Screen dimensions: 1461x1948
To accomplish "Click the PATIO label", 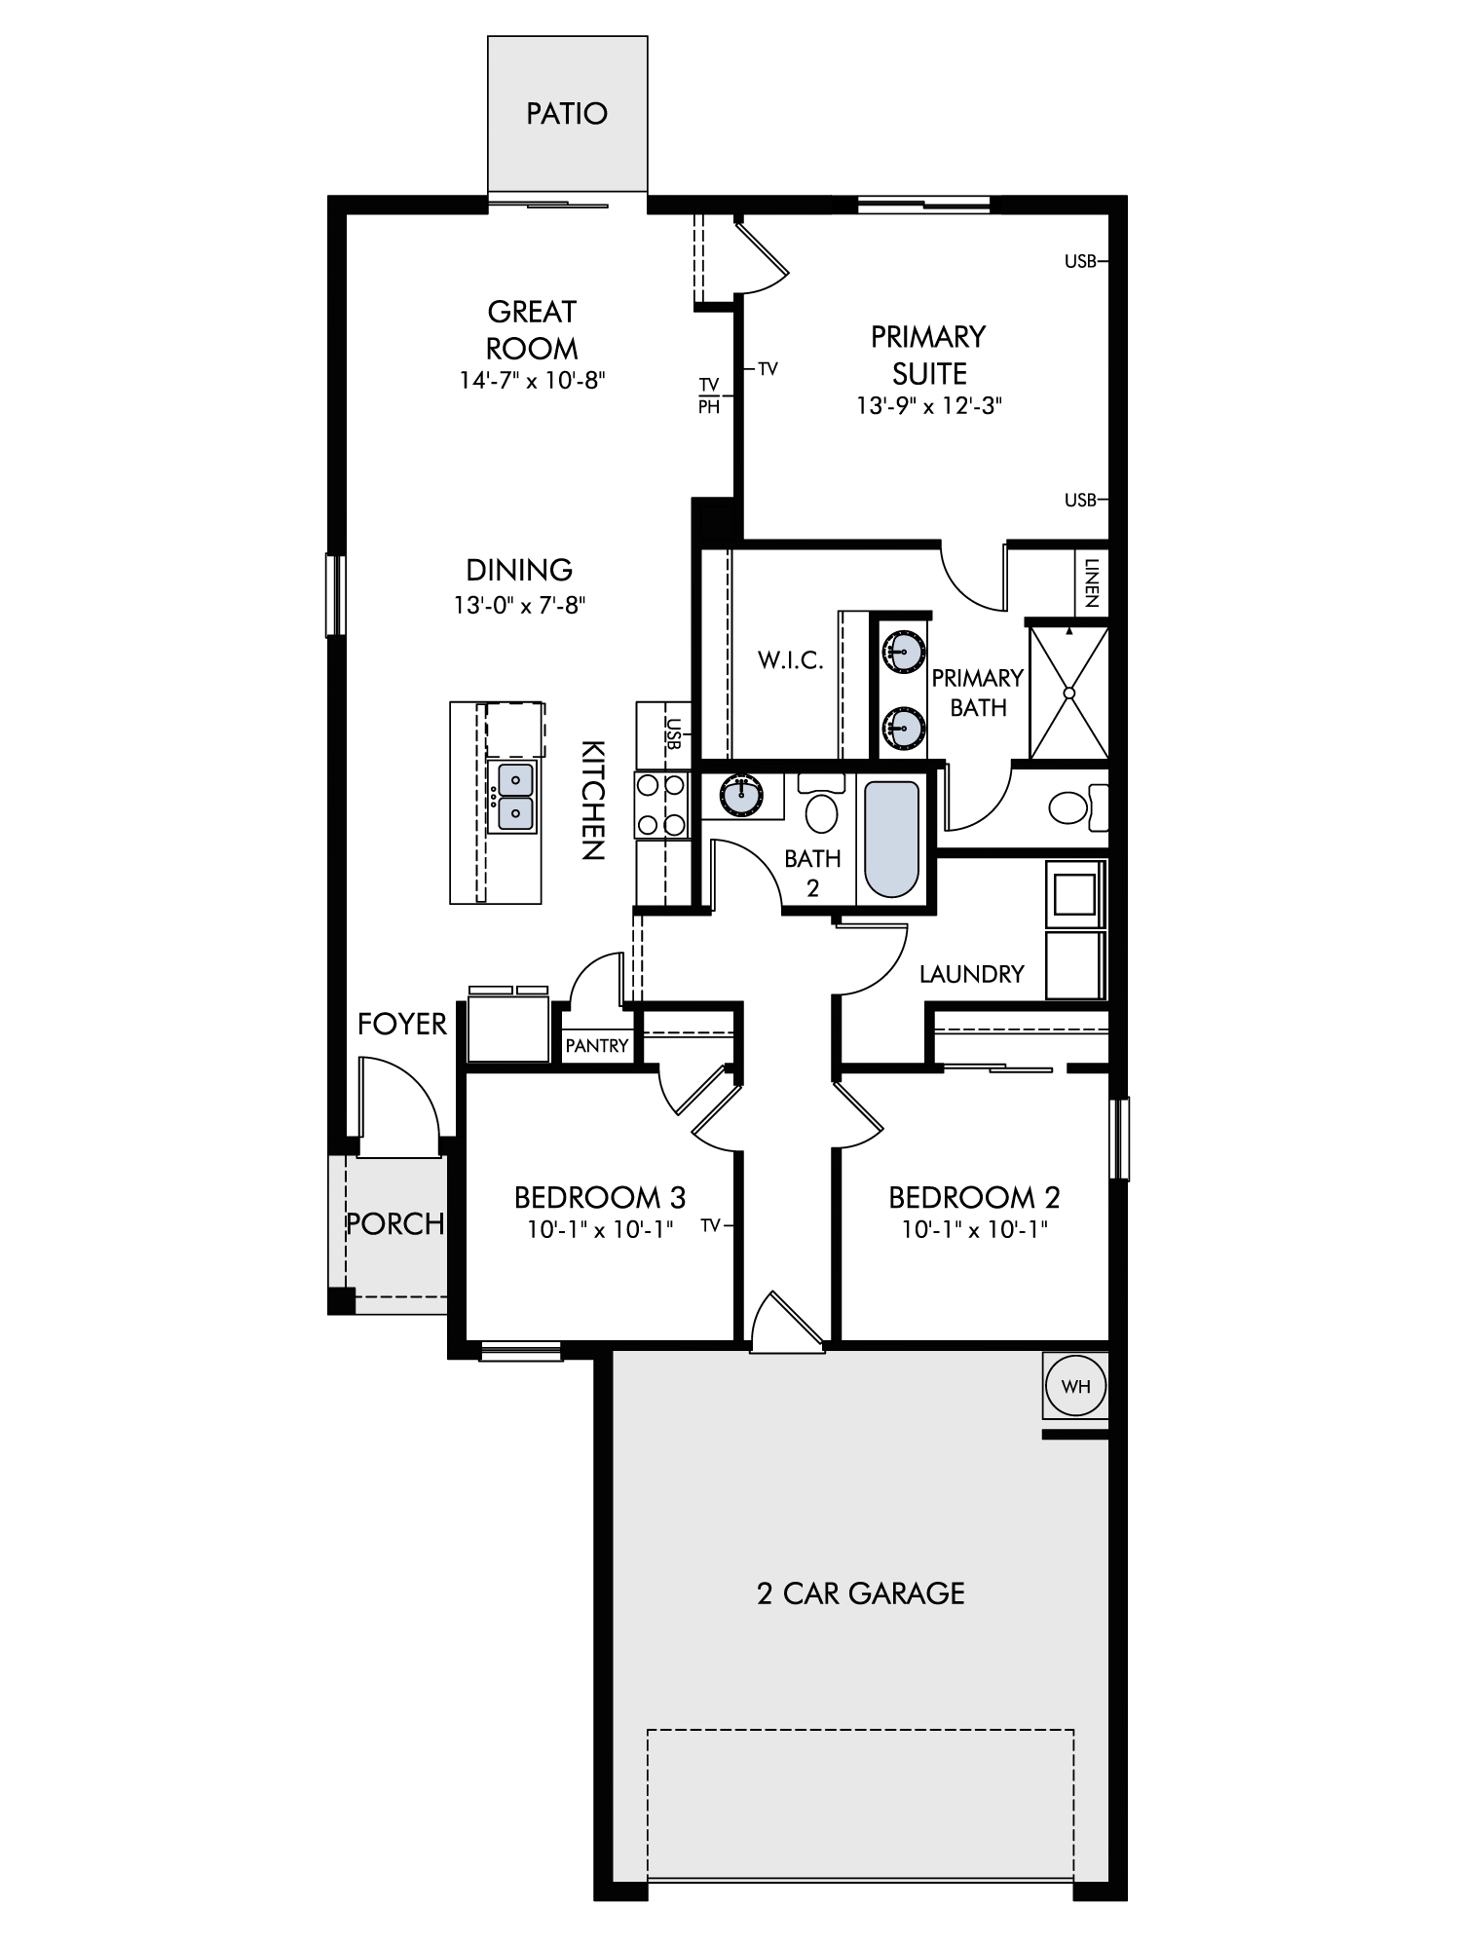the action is (x=567, y=114).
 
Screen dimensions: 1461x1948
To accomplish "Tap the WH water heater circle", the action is (x=1075, y=1386).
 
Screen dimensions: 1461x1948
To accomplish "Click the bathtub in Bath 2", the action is (x=891, y=840).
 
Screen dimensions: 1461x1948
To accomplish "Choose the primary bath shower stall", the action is (x=1068, y=693).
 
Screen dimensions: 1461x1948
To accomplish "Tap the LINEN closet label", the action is (x=1091, y=582).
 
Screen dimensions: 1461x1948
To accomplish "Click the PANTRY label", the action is (x=597, y=1046).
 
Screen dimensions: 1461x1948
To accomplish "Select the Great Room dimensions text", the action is (x=533, y=380).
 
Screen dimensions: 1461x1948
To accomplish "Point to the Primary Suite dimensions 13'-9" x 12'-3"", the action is (x=929, y=405).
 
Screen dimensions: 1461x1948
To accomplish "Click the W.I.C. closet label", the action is (x=791, y=661).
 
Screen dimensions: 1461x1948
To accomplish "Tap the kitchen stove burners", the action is (x=660, y=805).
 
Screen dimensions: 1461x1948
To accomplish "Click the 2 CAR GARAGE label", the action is (x=861, y=1594).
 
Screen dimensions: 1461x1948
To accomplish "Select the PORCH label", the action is (x=395, y=1223).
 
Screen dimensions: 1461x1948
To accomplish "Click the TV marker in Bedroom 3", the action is (x=715, y=1225).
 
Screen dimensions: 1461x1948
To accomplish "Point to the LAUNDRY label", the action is (x=972, y=974).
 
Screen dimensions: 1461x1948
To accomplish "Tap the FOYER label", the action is (x=402, y=1024).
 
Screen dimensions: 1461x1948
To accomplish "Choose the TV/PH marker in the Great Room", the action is (x=709, y=396).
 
